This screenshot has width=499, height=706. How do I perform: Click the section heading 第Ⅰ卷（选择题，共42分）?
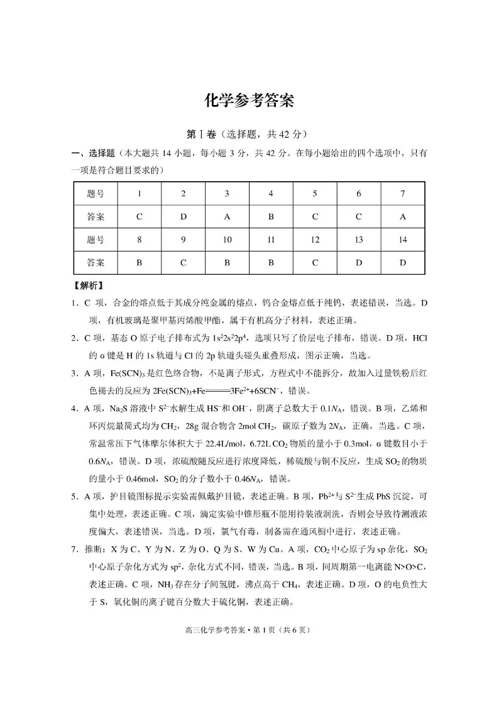(x=249, y=135)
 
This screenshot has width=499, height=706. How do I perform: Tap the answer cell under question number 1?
(x=140, y=217)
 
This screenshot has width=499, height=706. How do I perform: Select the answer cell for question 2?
(x=184, y=217)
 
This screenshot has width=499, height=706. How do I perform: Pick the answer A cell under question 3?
(x=228, y=217)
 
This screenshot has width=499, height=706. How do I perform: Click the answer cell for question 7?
(x=403, y=217)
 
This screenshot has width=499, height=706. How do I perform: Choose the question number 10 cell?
(x=228, y=240)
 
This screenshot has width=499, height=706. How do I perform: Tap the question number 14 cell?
(x=403, y=240)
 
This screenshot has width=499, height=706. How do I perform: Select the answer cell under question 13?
(x=359, y=263)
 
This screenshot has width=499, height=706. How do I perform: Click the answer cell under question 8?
(x=140, y=263)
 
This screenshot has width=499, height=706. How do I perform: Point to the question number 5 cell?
(x=315, y=194)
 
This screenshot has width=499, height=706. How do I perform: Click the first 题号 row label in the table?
(x=96, y=194)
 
